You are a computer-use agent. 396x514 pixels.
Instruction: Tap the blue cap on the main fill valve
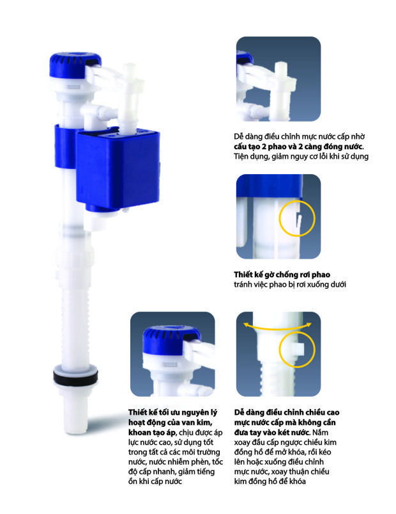point(75,65)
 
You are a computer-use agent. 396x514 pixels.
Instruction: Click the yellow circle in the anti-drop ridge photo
point(297,218)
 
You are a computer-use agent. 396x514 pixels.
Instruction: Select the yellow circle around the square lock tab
point(297,349)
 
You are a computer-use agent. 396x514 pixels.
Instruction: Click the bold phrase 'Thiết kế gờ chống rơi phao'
point(282,275)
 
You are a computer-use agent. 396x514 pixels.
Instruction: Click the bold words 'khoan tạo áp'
point(152,432)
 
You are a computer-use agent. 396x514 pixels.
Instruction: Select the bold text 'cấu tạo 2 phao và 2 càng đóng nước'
point(298,146)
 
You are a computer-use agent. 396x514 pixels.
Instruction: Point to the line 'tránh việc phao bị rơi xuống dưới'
point(290,284)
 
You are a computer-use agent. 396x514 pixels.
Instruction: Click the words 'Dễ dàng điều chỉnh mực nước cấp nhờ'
point(299,136)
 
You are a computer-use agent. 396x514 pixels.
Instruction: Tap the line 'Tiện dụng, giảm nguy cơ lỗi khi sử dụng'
point(301,156)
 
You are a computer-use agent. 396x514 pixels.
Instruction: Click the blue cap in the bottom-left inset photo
point(172,337)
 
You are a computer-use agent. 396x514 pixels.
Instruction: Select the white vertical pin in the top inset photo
point(280,92)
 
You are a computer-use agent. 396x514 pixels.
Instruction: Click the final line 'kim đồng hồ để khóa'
point(270,481)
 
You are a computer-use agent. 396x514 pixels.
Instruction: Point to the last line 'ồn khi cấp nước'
point(155,481)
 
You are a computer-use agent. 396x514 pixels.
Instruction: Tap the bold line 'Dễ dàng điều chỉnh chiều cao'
point(287,412)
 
